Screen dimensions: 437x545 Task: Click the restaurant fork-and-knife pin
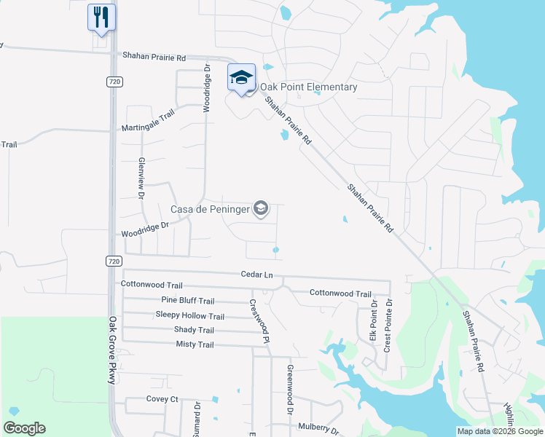click(101, 17)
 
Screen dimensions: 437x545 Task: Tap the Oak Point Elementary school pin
click(240, 78)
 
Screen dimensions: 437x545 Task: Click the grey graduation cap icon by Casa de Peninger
click(261, 210)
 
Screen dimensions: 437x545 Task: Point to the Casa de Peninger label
click(210, 210)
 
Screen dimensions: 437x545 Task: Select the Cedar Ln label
click(256, 275)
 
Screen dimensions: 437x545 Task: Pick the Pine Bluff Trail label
click(187, 301)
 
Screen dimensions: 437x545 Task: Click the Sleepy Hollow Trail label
click(189, 315)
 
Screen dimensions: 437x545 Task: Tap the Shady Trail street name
click(194, 330)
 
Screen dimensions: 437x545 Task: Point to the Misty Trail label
click(195, 345)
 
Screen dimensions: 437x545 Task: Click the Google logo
click(25, 428)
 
